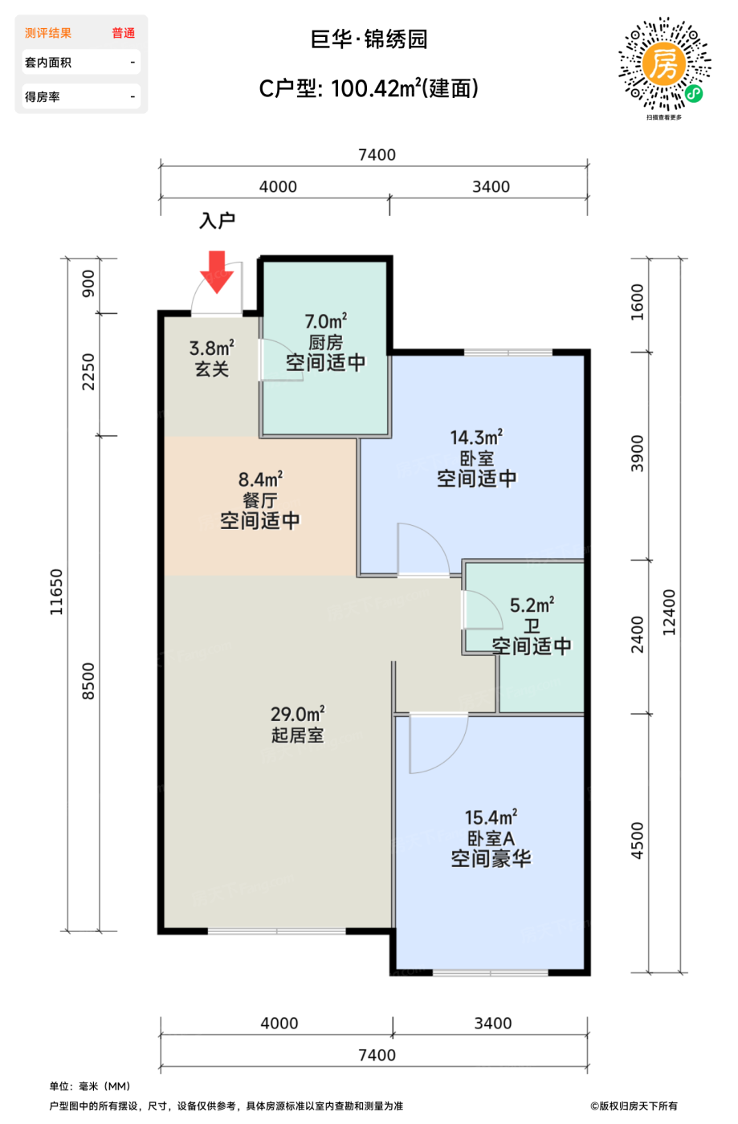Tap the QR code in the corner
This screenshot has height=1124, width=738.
664,64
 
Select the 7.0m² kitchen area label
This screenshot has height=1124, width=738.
325,322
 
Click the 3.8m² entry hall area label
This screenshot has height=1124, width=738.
211,348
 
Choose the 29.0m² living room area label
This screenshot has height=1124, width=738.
297,714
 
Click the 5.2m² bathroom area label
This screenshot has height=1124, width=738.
532,605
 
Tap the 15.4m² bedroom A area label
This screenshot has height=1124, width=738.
491,817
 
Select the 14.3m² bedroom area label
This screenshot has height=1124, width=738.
476,438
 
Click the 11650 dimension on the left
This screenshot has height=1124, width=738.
56,593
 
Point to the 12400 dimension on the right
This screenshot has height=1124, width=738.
670,613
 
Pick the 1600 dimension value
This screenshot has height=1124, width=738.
638,302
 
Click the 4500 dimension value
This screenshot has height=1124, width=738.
638,841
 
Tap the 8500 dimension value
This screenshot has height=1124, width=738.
88,681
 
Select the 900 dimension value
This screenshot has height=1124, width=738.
88,283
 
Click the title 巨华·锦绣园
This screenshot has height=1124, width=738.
369,39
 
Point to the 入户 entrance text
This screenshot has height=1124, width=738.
217,221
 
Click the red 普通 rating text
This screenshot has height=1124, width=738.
123,33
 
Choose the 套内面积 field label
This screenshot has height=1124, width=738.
48,63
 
